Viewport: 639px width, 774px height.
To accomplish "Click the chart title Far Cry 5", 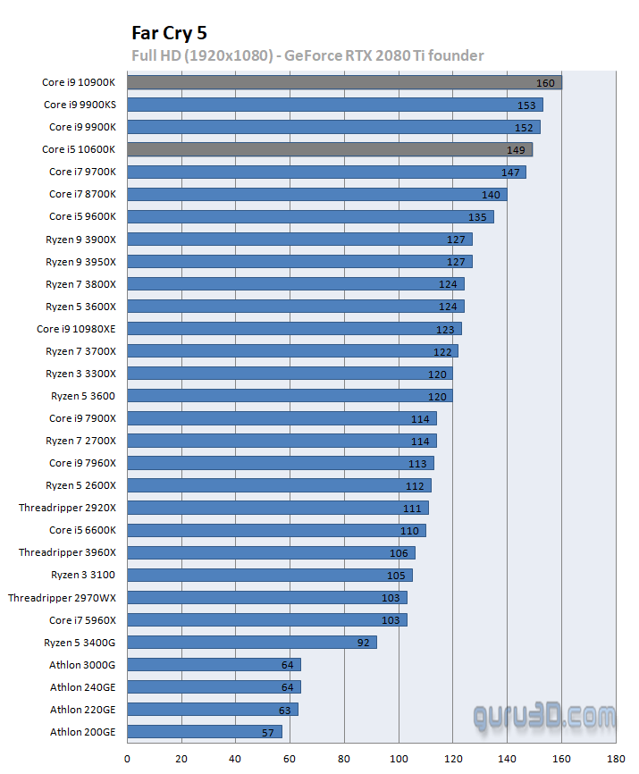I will pos(169,34).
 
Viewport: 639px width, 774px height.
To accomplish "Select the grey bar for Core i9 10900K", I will pos(344,83).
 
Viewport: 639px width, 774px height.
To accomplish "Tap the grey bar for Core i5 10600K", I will pos(329,150).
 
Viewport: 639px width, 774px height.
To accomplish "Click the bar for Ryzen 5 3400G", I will pos(251,642).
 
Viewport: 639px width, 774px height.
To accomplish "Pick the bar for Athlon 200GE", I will pos(204,732).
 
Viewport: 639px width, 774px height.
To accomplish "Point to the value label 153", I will pos(527,105).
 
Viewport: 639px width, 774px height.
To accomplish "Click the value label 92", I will pos(363,642).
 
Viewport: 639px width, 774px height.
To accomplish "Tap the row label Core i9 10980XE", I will pos(76,329).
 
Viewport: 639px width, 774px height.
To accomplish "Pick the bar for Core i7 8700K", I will pos(316,195).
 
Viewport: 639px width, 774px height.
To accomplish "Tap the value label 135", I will pos(478,217).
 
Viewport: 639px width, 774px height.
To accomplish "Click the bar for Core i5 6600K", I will pos(276,530).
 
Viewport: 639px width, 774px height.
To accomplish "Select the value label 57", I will pos(268,732).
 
